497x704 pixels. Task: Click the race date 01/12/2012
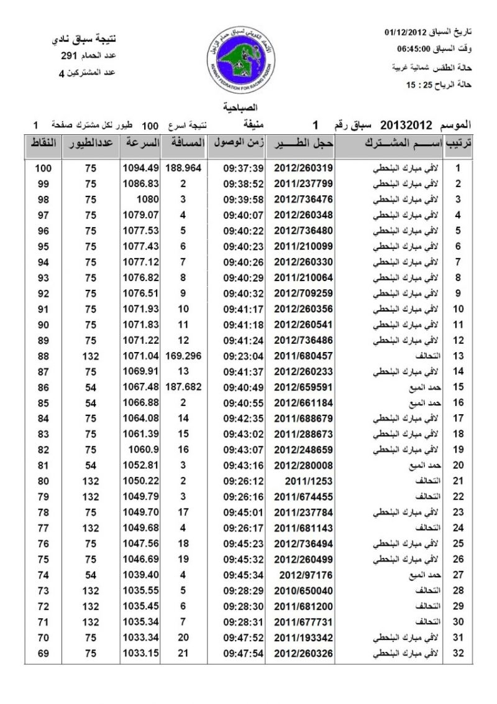point(405,31)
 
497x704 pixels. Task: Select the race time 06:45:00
point(414,49)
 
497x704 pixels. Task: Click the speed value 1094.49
point(141,168)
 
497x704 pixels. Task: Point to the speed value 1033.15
point(141,653)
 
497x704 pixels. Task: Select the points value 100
point(43,168)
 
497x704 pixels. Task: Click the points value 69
point(43,653)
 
